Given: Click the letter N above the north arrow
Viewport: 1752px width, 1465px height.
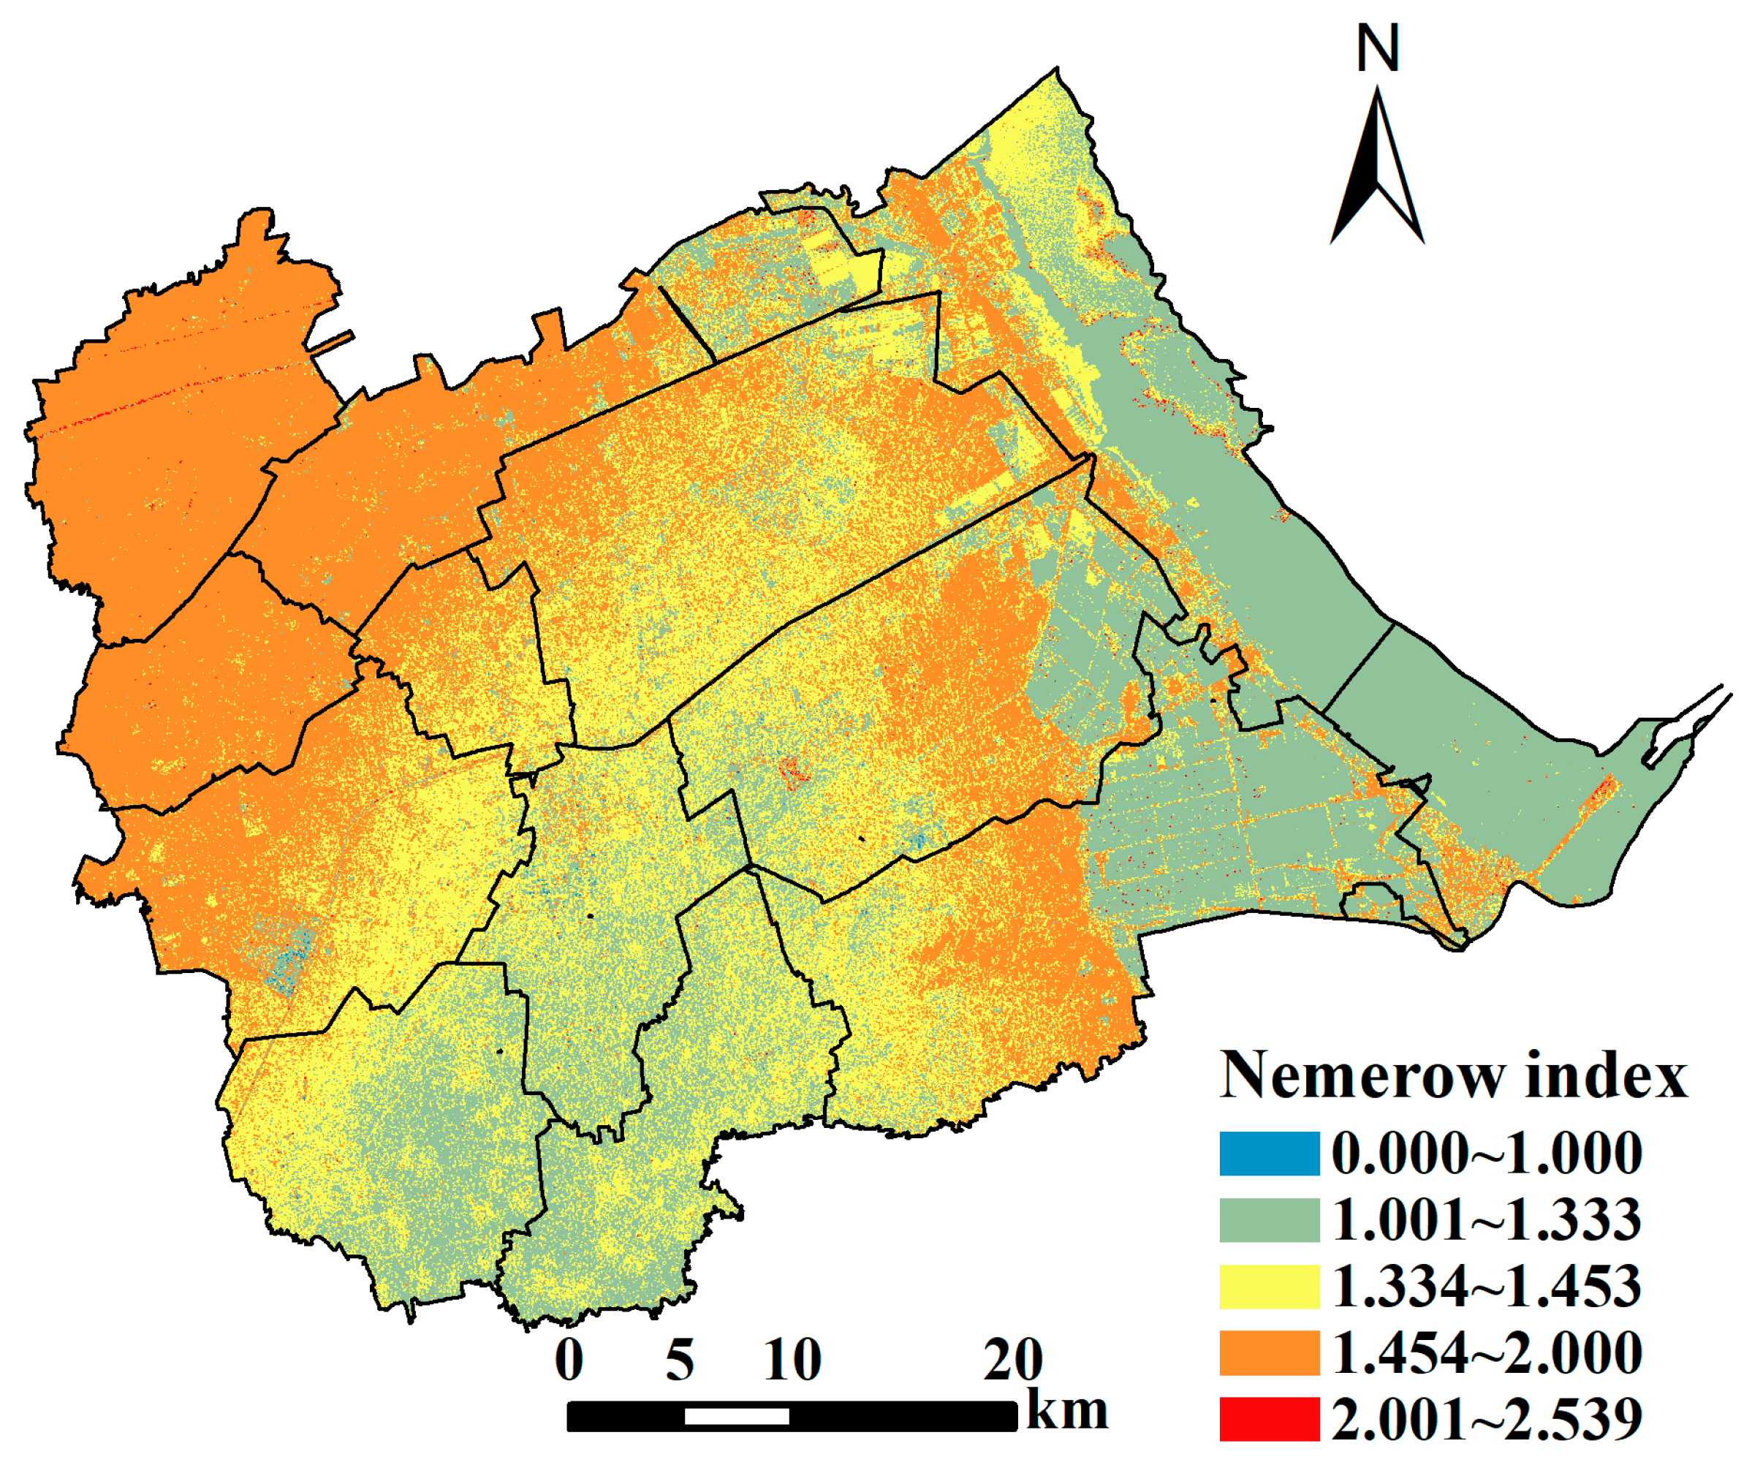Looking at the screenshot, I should click(x=1377, y=48).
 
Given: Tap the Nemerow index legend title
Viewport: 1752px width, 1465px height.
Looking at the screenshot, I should click(x=1452, y=1075).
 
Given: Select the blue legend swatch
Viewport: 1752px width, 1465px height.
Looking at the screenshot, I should click(x=1269, y=1154).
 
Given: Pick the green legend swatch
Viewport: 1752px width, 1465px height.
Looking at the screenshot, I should click(x=1269, y=1219).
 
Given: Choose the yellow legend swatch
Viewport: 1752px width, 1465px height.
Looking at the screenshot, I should click(x=1269, y=1287).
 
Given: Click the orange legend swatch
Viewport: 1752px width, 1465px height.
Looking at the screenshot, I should click(x=1269, y=1352).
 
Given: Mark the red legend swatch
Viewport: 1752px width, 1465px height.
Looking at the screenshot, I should click(x=1269, y=1419).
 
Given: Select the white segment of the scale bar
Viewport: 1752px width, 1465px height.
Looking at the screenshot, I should click(x=737, y=1417).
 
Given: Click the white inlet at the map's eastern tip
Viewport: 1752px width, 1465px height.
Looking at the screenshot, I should click(x=1677, y=730).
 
